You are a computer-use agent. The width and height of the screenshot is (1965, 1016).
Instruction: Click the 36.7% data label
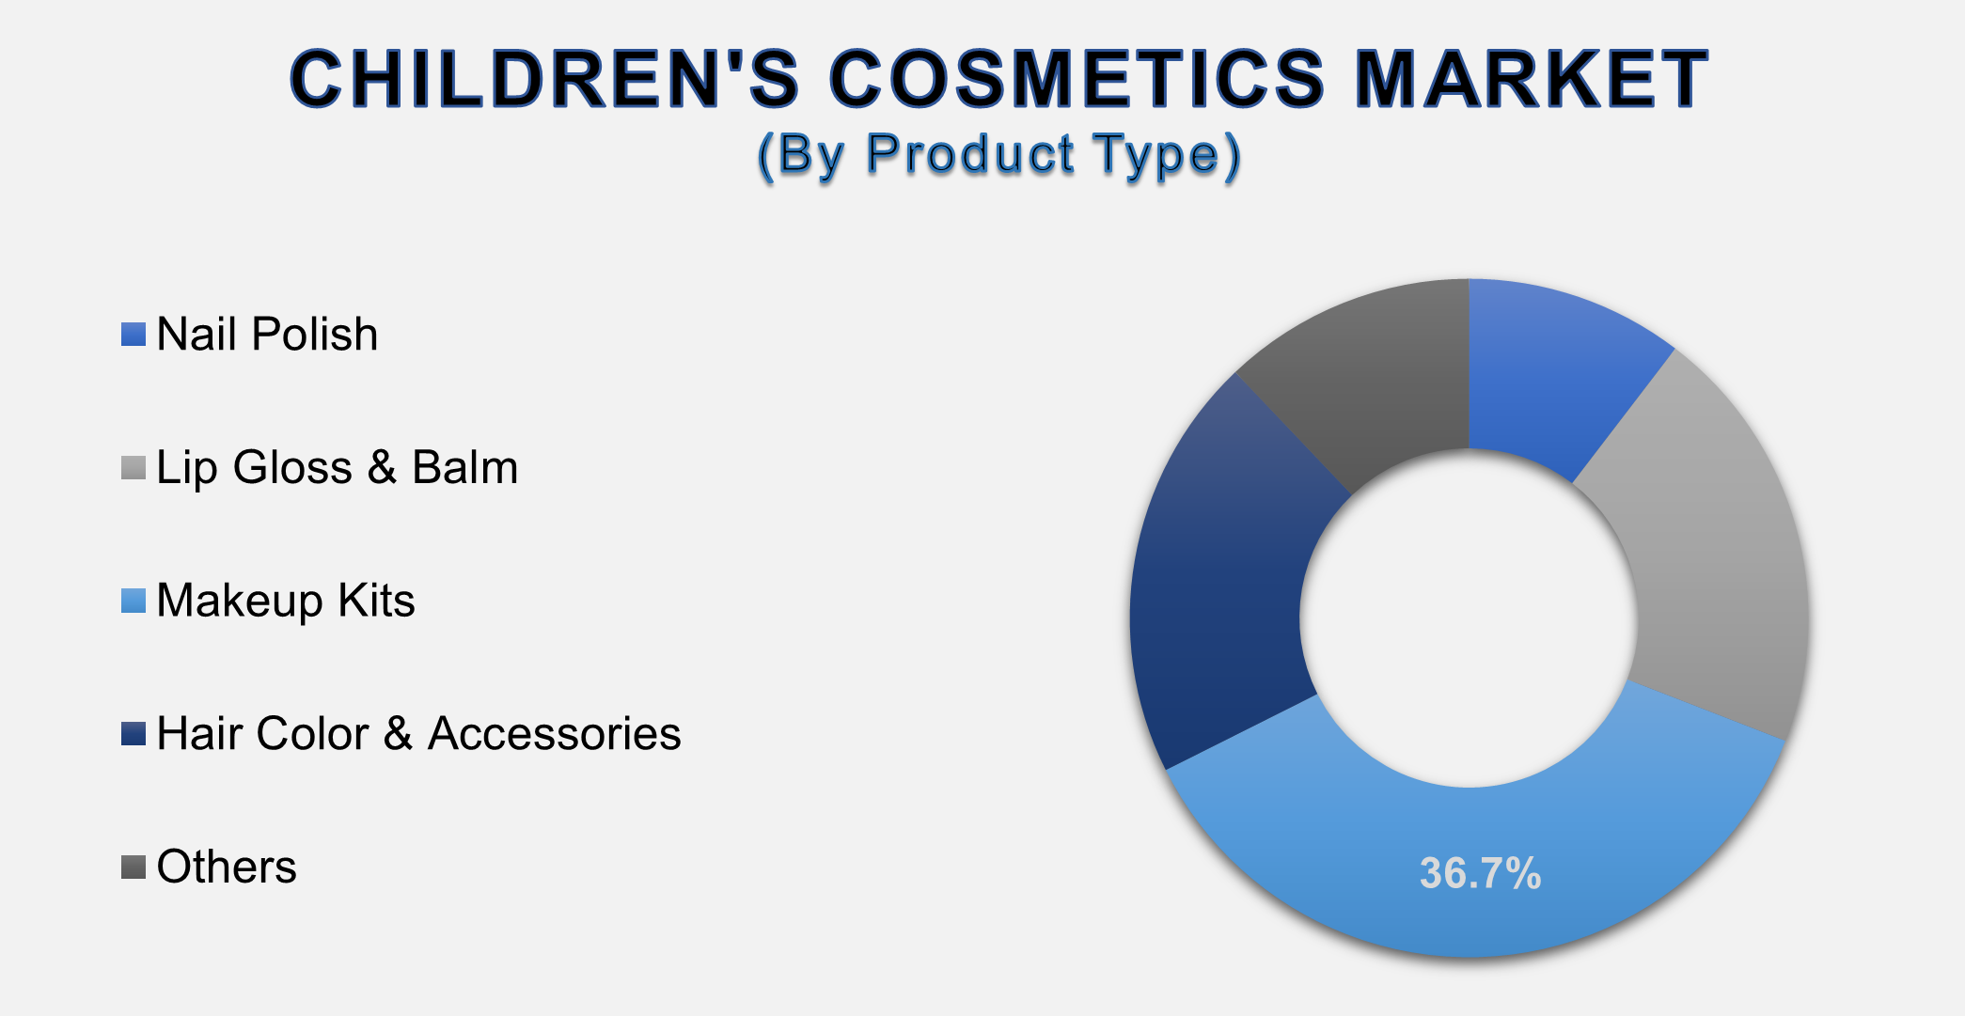[1480, 873]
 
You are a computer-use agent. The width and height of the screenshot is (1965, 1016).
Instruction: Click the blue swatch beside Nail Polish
[134, 335]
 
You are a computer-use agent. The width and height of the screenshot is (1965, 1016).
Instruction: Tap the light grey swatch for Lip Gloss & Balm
[134, 468]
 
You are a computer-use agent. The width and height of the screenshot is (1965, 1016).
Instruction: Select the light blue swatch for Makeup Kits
[134, 602]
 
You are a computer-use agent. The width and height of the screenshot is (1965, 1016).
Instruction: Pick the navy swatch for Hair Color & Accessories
[134, 734]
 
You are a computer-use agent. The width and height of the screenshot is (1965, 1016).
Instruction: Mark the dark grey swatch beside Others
[134, 868]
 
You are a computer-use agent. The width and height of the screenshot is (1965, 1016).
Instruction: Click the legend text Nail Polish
[267, 335]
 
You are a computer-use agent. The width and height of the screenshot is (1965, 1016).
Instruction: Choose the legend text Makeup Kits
[285, 602]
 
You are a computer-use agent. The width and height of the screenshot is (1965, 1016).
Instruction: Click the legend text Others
[226, 868]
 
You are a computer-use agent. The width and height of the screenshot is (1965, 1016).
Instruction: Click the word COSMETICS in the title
[1076, 79]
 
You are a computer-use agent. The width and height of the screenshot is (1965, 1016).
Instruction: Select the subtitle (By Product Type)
[998, 155]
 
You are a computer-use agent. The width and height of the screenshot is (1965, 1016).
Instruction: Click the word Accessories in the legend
[554, 734]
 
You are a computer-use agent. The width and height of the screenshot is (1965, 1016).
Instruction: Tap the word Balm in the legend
[464, 468]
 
